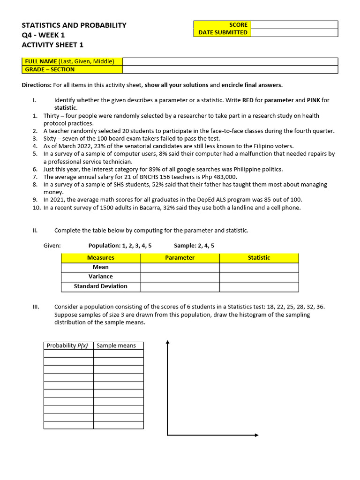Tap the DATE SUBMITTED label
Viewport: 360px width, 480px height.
click(x=223, y=33)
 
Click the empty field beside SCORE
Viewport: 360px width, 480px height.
click(x=294, y=25)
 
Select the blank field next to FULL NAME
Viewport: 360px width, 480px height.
click(x=230, y=61)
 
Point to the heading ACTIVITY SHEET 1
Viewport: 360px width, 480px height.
click(x=52, y=45)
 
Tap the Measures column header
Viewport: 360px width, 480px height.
click(x=101, y=258)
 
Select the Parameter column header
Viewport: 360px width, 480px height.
click(x=180, y=258)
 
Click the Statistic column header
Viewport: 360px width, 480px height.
click(x=259, y=258)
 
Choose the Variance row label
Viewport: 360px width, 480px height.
click(x=101, y=277)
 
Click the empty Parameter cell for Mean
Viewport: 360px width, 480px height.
click(x=180, y=267)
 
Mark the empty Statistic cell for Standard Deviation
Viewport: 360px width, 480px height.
click(x=259, y=286)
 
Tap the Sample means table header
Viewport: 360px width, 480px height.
click(x=116, y=345)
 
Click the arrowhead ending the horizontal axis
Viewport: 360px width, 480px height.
click(x=256, y=435)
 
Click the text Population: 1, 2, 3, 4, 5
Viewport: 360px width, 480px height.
click(x=120, y=246)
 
